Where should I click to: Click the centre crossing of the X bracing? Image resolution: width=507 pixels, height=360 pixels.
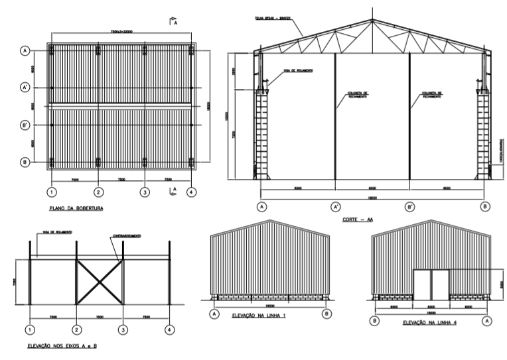(x=100, y=282)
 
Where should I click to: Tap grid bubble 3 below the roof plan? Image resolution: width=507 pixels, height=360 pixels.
(x=145, y=192)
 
